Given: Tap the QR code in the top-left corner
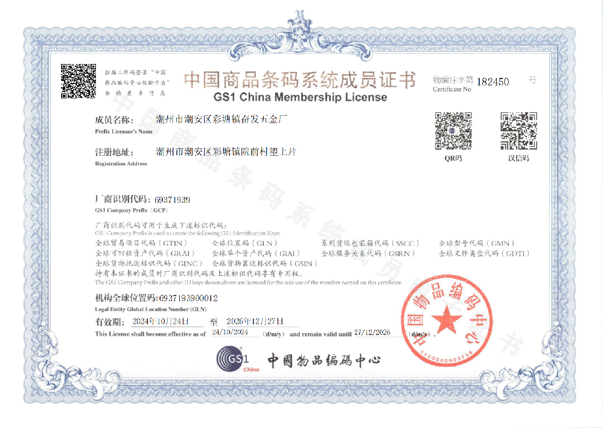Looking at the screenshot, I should (78, 81).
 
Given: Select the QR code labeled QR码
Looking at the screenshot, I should (453, 130).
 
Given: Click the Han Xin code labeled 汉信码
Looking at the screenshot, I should (518, 130).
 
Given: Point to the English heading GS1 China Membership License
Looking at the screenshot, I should (300, 97).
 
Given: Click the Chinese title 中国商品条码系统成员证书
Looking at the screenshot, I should (300, 80).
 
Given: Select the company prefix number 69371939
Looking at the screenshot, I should (172, 199).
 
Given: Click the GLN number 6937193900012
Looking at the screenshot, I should (188, 298).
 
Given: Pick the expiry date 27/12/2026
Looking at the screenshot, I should (372, 333).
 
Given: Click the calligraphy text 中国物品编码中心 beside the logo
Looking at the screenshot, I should (324, 361).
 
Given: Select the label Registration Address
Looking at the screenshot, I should (121, 164).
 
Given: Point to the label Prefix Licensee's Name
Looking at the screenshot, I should (124, 131).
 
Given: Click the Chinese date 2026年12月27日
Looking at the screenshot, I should (254, 321).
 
